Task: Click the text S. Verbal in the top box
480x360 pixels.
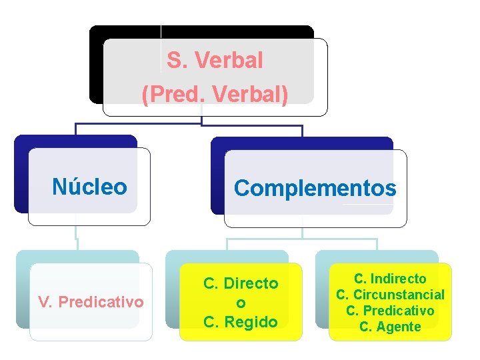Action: pos(215,61)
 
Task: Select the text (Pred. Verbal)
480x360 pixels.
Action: pos(215,94)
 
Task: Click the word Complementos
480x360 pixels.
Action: pos(315,189)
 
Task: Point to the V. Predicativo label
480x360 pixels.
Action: pos(91,302)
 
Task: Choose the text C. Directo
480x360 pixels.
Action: pos(241,283)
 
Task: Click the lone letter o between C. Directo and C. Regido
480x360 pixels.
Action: pos(241,303)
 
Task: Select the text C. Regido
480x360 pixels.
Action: pos(241,322)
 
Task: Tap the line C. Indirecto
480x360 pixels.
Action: pos(390,279)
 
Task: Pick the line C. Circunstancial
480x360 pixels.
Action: pos(390,295)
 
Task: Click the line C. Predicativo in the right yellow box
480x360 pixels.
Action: pos(390,311)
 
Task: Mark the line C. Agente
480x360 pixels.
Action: pos(390,327)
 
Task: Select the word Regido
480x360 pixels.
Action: pos(251,322)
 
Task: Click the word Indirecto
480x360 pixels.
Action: pos(399,279)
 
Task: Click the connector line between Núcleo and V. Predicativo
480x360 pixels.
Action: pos(76,233)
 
